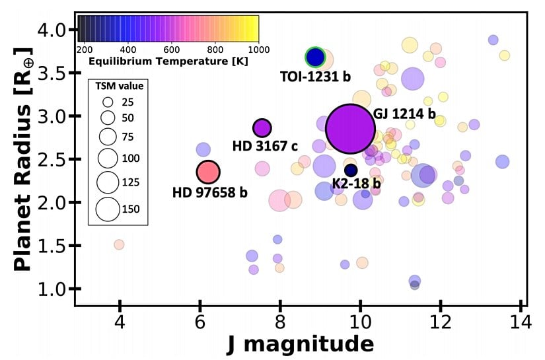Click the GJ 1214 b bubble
tap(350, 129)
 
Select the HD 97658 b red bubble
tap(208, 172)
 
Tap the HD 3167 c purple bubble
tap(262, 128)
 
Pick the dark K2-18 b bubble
tap(351, 170)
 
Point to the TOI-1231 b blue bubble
tap(316, 58)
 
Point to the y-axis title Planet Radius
tap(24, 159)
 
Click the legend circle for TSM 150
tap(107, 209)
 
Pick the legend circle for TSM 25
tap(107, 103)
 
